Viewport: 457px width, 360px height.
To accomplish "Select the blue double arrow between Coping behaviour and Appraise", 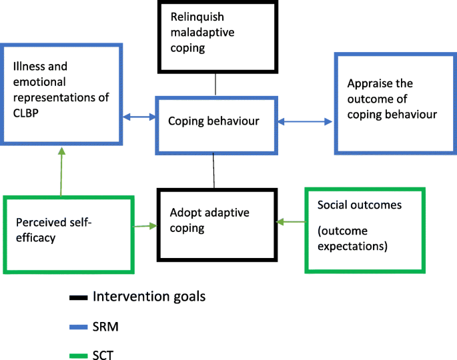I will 304,121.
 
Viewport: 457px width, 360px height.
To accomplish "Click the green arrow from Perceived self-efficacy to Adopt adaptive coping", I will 145,227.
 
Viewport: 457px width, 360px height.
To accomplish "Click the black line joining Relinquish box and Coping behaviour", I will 215,85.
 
